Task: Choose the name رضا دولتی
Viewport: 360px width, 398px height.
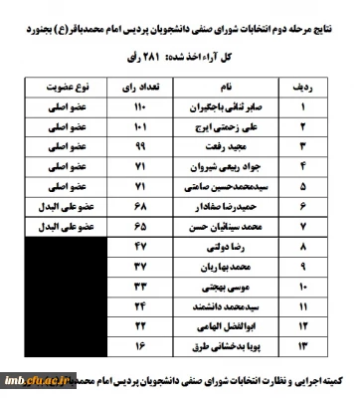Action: (x=220, y=246)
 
